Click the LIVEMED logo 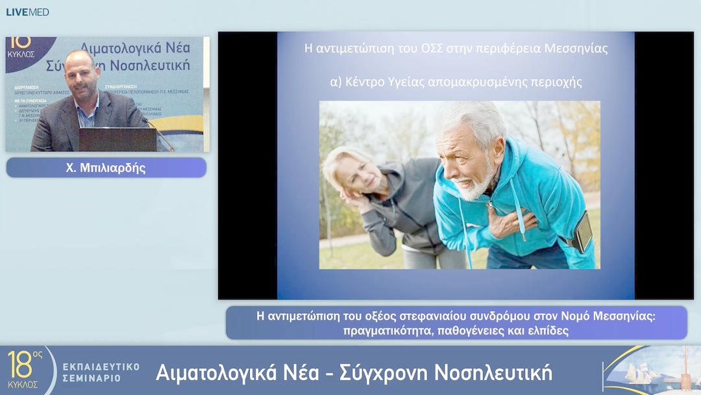point(27,12)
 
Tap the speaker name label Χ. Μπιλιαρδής point(106,168)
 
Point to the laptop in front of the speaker point(117,139)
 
